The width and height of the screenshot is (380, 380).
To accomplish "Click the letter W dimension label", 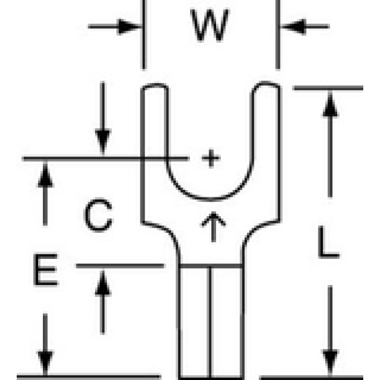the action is click(210, 25).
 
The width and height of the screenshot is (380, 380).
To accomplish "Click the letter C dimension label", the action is click(98, 215).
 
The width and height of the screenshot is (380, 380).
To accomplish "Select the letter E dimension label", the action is click(45, 270).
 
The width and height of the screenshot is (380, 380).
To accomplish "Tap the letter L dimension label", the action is click(328, 242).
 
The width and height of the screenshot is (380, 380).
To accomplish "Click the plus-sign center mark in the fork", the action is click(211, 158).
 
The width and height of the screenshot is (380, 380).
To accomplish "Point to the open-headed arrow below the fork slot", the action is click(213, 227).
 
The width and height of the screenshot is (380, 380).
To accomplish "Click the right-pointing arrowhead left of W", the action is click(129, 26).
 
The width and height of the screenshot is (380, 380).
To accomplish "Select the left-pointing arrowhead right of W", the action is click(293, 26).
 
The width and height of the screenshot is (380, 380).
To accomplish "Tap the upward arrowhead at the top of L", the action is click(330, 104).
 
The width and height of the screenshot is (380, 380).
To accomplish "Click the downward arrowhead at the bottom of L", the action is click(330, 362).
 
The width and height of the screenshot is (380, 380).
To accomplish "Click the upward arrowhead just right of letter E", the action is click(103, 283).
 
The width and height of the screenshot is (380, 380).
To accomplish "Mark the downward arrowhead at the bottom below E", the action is click(45, 363).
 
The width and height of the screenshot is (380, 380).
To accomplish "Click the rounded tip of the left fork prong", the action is click(155, 86).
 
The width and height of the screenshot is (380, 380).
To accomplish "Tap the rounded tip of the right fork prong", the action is click(266, 84).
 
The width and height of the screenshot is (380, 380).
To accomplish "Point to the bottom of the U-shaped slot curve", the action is click(210, 199).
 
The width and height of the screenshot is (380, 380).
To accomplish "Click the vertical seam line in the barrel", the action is click(210, 322).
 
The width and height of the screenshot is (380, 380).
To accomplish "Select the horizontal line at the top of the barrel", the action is click(211, 266).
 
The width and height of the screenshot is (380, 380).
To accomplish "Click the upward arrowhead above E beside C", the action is click(45, 175).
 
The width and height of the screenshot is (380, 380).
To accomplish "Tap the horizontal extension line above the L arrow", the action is click(328, 88).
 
